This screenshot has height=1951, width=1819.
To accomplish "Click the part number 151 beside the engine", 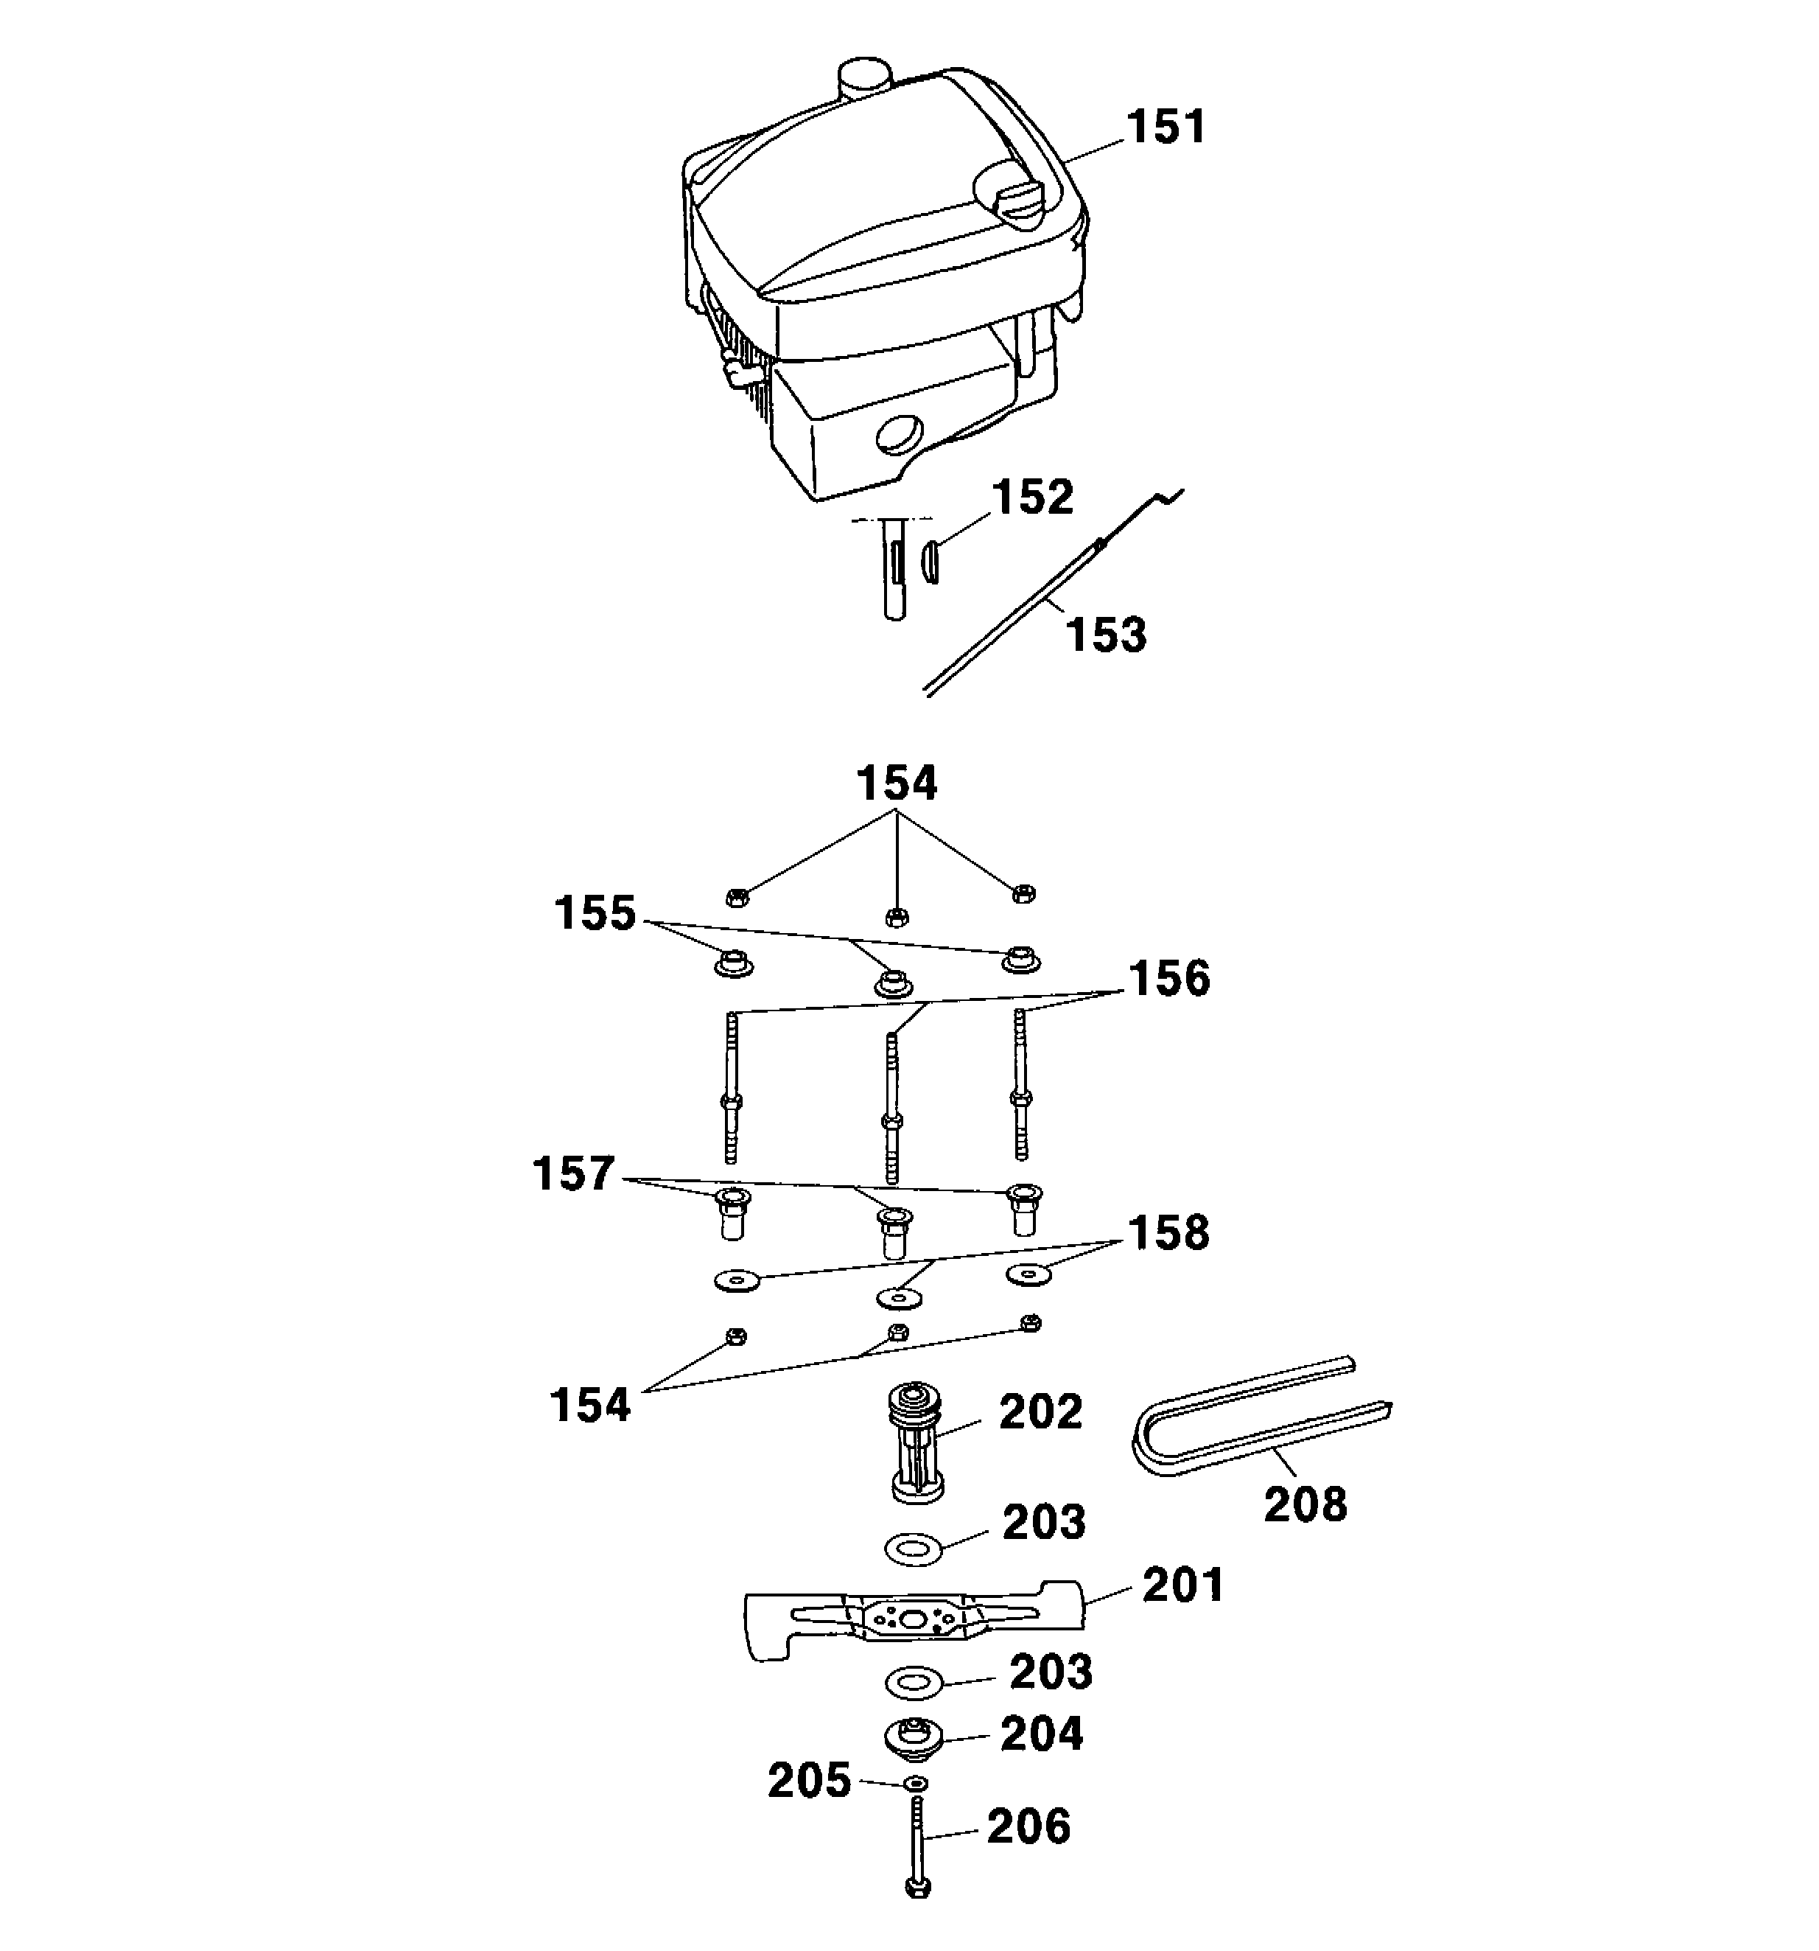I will [1165, 128].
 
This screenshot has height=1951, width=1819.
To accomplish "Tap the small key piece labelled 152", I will [930, 565].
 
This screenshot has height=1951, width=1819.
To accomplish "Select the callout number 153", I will [1106, 635].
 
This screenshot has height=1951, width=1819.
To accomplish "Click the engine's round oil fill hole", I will [900, 432].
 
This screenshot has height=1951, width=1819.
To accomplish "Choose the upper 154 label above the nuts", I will [897, 784].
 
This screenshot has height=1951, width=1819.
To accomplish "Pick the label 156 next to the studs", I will [1169, 980].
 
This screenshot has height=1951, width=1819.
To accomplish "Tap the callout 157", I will [573, 1173].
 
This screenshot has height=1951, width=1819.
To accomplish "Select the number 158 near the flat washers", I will [1168, 1234].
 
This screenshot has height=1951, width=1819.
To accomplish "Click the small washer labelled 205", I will [915, 1782].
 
